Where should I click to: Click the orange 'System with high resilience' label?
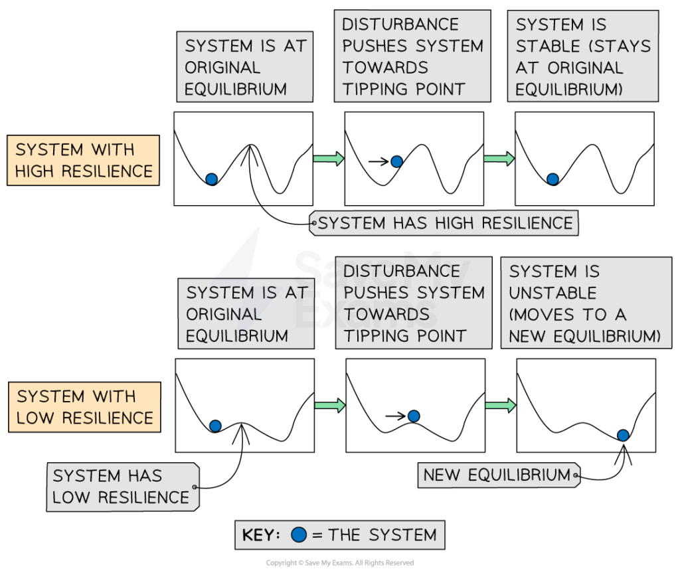pos(83,161)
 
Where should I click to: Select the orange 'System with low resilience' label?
pos(84,407)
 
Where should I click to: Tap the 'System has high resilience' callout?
pos(444,223)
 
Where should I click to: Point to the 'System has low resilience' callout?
pos(122,487)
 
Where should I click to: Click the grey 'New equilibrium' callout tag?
pos(497,475)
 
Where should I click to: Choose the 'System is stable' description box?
pos(582,56)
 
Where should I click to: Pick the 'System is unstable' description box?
pos(586,303)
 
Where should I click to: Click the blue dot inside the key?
pos(299,534)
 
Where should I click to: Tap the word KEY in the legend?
pos(260,535)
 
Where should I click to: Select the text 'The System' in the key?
pos(382,535)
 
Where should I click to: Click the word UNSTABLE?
pos(553,293)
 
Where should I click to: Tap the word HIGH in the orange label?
pos(36,171)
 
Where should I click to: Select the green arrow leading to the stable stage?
pos(499,159)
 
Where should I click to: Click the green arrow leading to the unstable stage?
pos(500,406)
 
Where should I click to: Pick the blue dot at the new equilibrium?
pos(623,436)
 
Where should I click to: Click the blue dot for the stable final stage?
pos(552,179)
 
